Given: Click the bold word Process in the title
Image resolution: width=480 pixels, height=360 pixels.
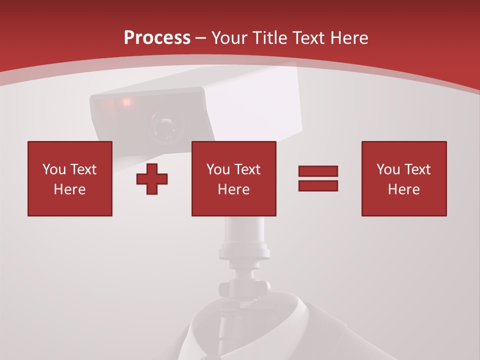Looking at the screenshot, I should coord(157,38).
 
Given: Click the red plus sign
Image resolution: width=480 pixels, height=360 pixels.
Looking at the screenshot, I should coord(152,178).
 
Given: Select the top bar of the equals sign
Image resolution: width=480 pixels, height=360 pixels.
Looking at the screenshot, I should coord(318,171).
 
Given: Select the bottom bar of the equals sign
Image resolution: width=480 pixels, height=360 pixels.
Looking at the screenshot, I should coord(318,185).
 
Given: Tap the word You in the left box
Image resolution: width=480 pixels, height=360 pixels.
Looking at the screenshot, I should coord(54,169).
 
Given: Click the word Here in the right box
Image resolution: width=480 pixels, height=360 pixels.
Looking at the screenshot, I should coord(403,189).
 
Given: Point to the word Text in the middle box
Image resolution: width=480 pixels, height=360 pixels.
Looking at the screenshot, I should coord(247,169).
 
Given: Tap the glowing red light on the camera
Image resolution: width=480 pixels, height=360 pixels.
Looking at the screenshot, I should coord(126,102).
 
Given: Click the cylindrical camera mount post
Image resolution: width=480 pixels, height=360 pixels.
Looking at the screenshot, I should coord(244,235).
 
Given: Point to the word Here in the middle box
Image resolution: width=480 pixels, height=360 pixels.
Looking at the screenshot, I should coord(233,189).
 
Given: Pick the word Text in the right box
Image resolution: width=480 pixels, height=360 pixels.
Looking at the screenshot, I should coord(417,169).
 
